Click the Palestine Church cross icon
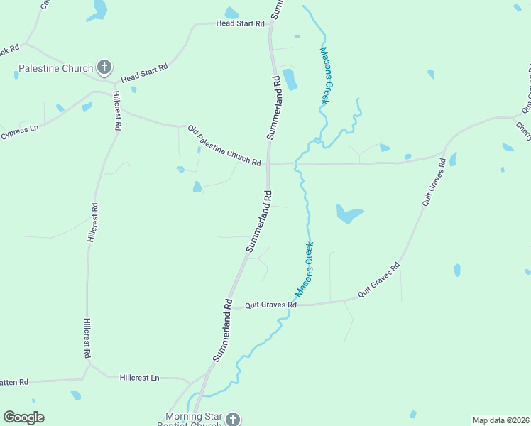pyautogui.click(x=104, y=68)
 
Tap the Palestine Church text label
pyautogui.click(x=56, y=69)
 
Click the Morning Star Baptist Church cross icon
pyautogui.click(x=232, y=420)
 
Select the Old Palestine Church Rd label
pyautogui.click(x=224, y=146)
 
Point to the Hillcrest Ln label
pyautogui.click(x=140, y=378)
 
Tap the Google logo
pyautogui.click(x=23, y=417)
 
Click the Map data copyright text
pyautogui.click(x=500, y=420)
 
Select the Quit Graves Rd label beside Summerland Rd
pyautogui.click(x=270, y=305)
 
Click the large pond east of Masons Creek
pyautogui.click(x=349, y=213)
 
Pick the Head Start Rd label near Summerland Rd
pyautogui.click(x=240, y=23)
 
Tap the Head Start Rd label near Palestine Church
pyautogui.click(x=144, y=72)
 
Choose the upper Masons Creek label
pyautogui.click(x=324, y=76)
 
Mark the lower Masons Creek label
pyautogui.click(x=305, y=270)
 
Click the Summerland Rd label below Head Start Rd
pyautogui.click(x=274, y=106)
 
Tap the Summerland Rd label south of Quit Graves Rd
pyautogui.click(x=224, y=330)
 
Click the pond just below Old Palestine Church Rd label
pyautogui.click(x=197, y=187)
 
